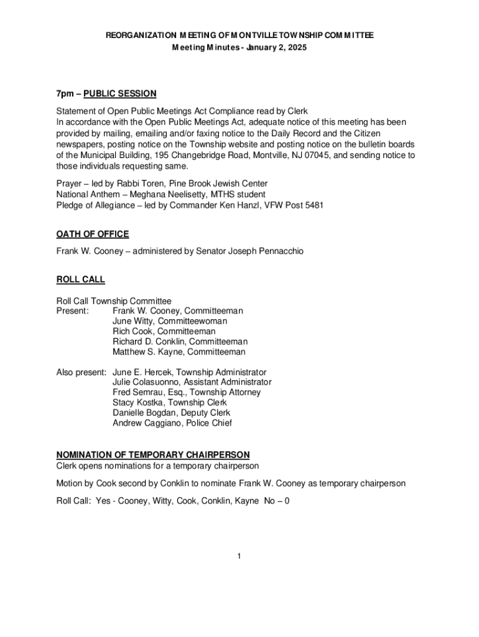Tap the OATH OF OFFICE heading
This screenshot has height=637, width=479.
(93, 235)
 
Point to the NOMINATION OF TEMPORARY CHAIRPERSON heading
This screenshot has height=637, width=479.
(153, 455)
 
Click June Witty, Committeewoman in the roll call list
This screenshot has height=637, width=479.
(170, 321)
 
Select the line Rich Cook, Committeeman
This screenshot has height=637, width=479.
(164, 332)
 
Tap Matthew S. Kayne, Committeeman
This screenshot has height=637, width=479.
(179, 352)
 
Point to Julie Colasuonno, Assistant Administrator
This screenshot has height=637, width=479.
(192, 382)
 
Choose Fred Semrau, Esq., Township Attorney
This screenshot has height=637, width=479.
(187, 393)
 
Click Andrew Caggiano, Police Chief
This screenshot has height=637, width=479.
(172, 423)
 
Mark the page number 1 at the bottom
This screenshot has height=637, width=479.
(239, 556)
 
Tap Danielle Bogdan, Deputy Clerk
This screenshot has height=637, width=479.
(172, 413)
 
